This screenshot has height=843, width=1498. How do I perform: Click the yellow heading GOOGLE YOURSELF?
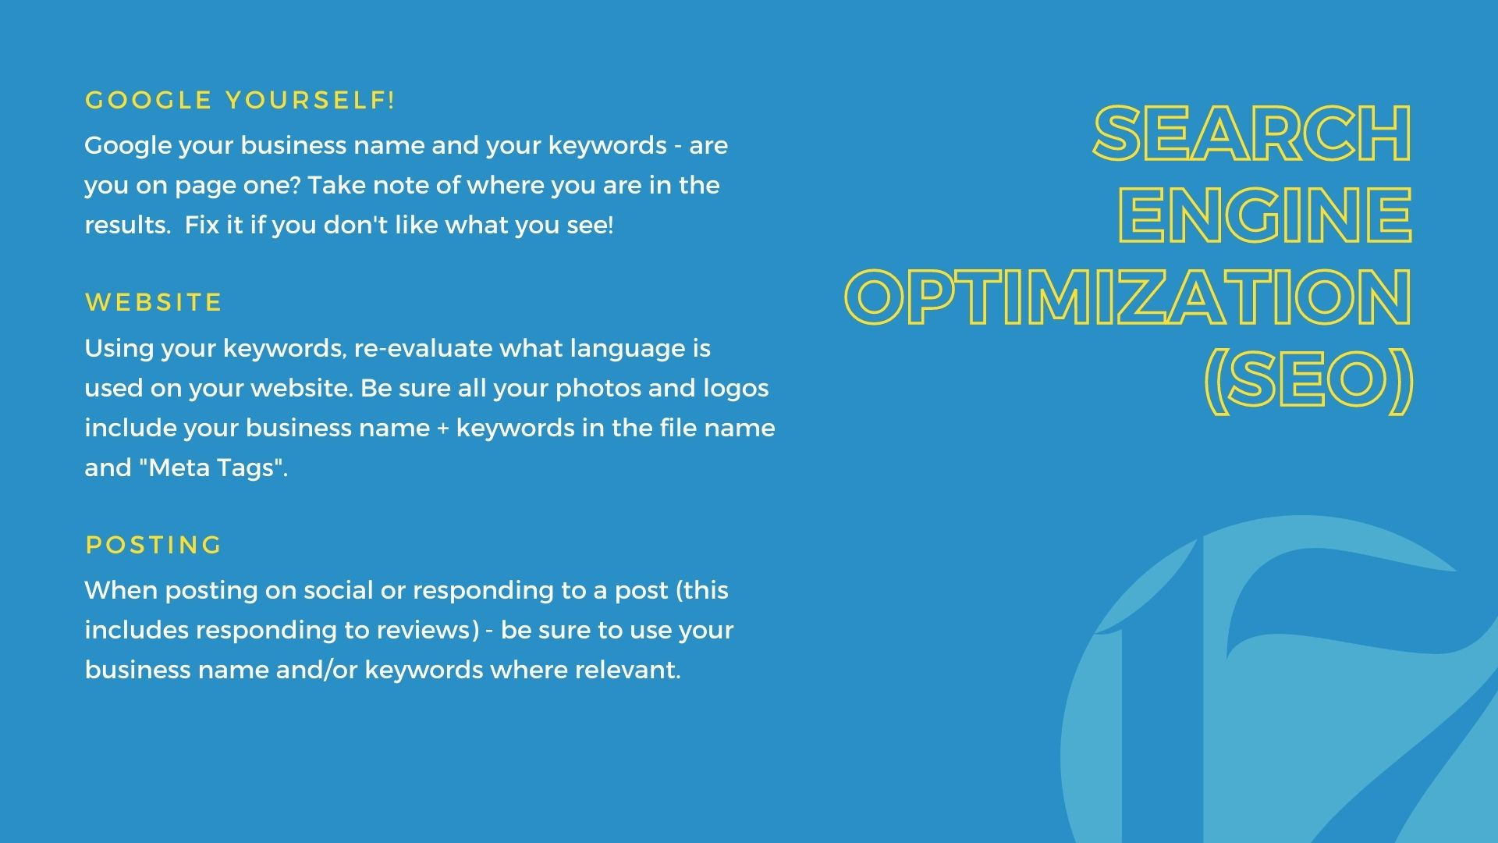click(240, 101)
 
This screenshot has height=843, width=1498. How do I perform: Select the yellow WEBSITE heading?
click(154, 303)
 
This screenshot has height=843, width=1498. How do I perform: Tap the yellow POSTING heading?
click(154, 545)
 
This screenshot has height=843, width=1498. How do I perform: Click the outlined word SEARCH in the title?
click(1253, 133)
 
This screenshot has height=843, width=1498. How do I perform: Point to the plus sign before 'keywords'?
click(442, 429)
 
